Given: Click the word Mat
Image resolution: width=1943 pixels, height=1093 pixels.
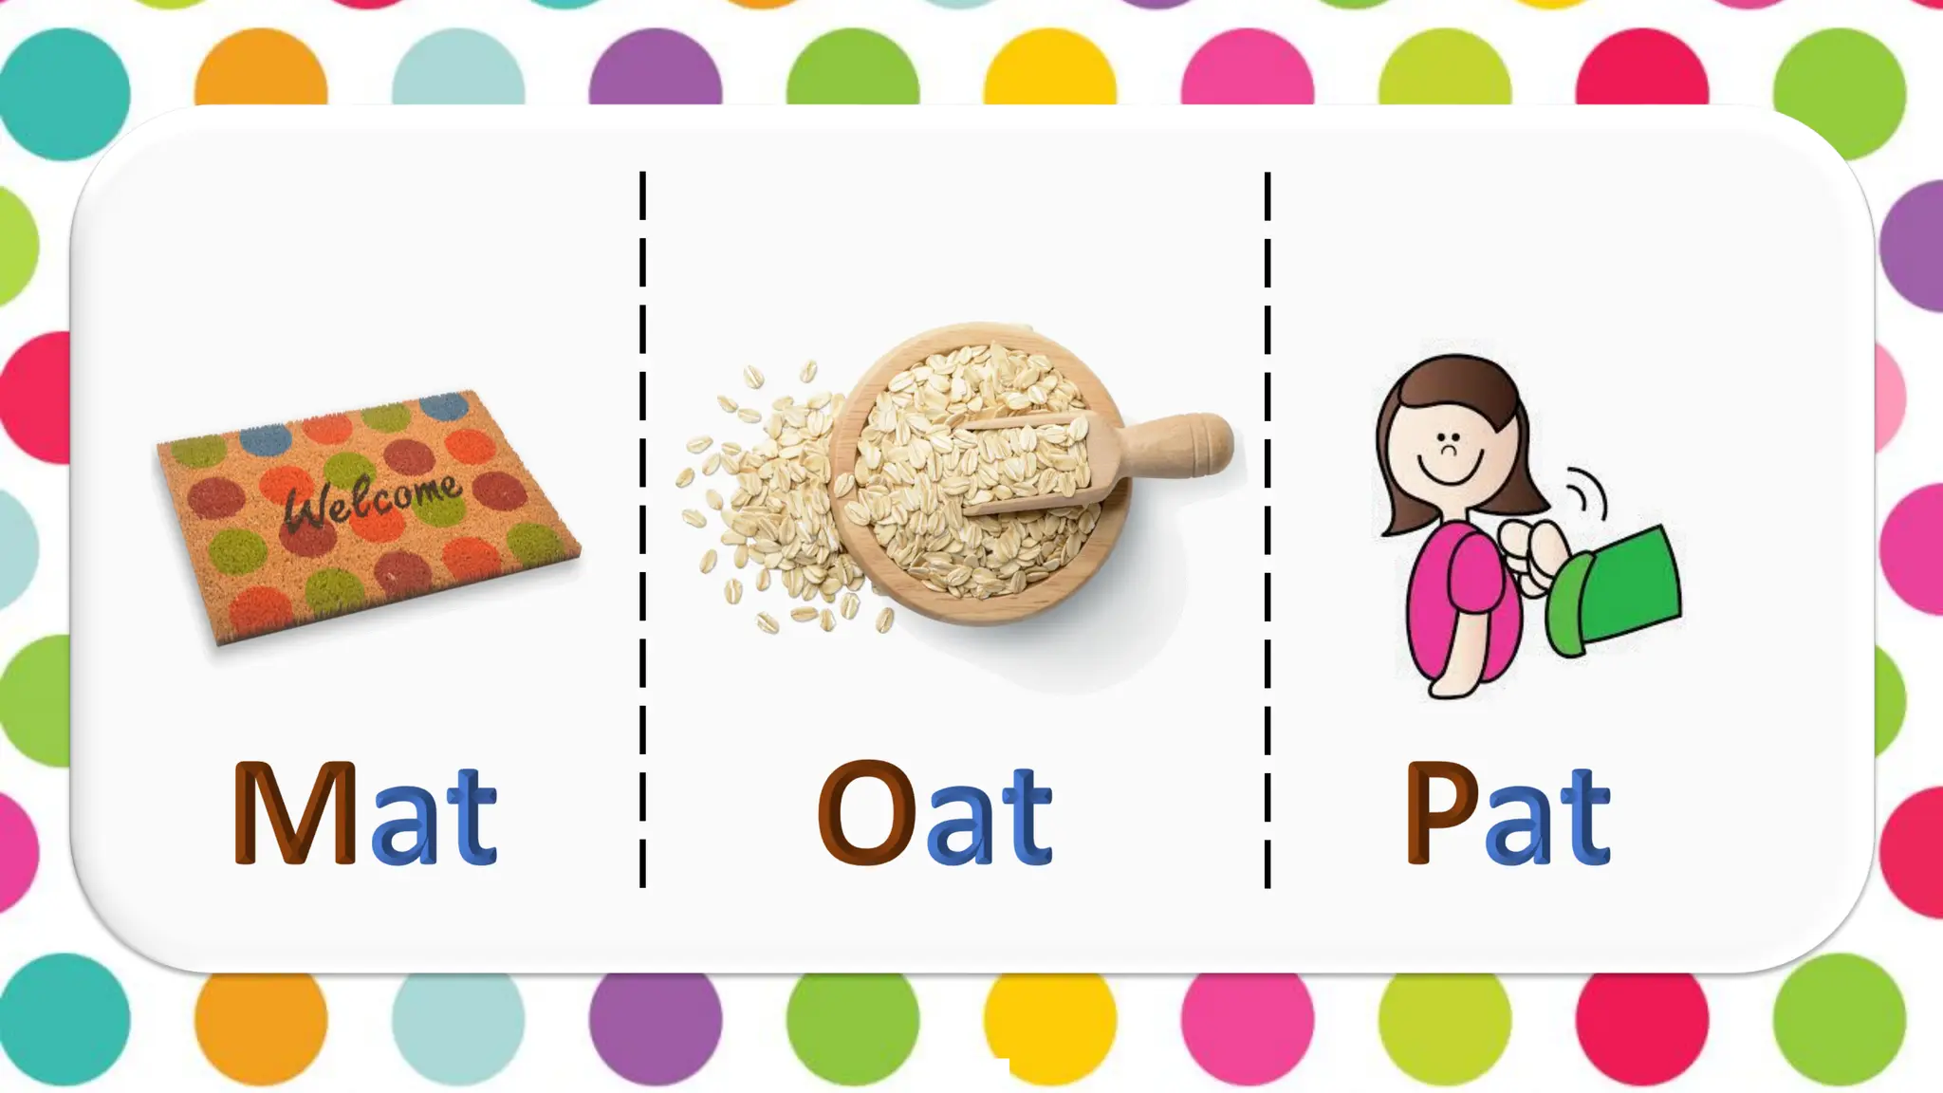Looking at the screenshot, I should [364, 813].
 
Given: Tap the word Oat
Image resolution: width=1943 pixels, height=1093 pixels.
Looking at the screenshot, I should [934, 813].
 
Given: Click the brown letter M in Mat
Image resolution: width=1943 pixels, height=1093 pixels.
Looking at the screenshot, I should [294, 813].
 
